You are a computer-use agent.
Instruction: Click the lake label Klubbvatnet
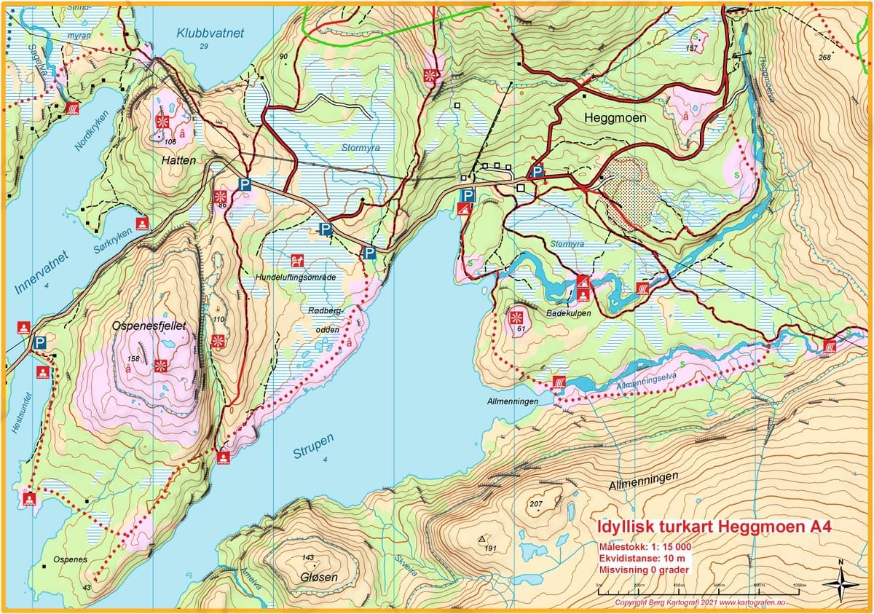[x=210, y=33]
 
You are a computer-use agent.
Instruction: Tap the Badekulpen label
[x=569, y=312]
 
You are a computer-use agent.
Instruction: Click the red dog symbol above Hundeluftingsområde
[x=296, y=260]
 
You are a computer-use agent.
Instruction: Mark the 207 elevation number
[x=537, y=505]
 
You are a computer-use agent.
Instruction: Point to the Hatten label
[x=179, y=160]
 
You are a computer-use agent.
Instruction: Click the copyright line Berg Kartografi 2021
[x=700, y=603]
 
